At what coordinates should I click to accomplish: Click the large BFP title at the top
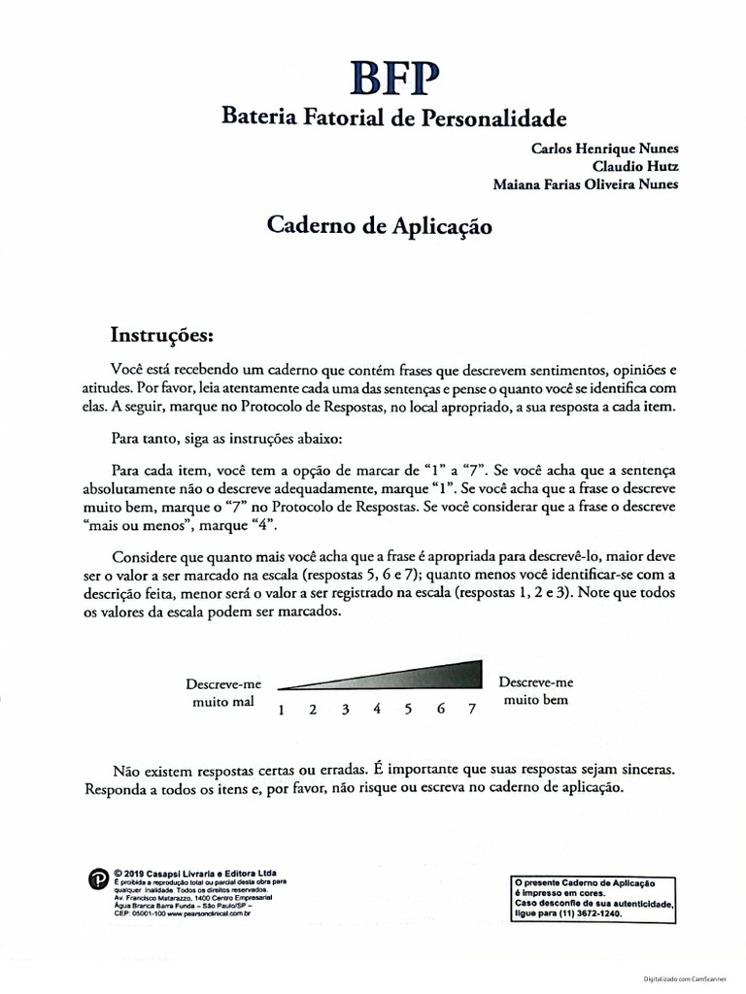pos(380,80)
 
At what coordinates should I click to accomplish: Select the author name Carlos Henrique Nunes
pos(604,149)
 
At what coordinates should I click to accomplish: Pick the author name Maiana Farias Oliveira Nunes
pos(586,184)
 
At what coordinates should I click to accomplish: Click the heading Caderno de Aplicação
pos(380,228)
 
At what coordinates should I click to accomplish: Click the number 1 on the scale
pos(281,710)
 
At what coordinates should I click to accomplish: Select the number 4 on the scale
pos(376,709)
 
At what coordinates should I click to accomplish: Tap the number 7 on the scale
pos(472,709)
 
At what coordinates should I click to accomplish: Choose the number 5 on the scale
pos(408,709)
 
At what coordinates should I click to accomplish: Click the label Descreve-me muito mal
pos(223,692)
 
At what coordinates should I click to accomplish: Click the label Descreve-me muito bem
pos(536,690)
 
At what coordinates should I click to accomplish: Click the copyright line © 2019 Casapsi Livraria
pos(194,871)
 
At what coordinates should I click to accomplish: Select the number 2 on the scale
pos(313,709)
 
